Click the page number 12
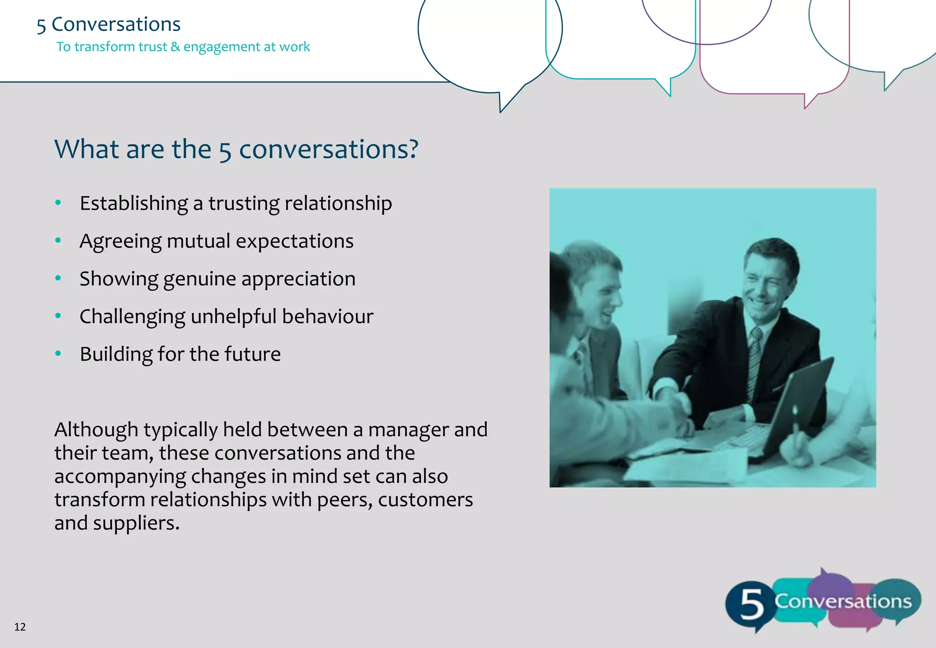coord(20,627)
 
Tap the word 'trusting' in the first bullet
coord(244,203)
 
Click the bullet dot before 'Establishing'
coord(58,202)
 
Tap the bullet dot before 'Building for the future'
coord(58,353)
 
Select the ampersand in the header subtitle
coord(175,47)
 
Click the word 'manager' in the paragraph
coord(408,430)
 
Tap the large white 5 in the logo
coord(751,604)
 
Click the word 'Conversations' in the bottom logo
coord(843,601)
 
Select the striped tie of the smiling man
coord(754,361)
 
